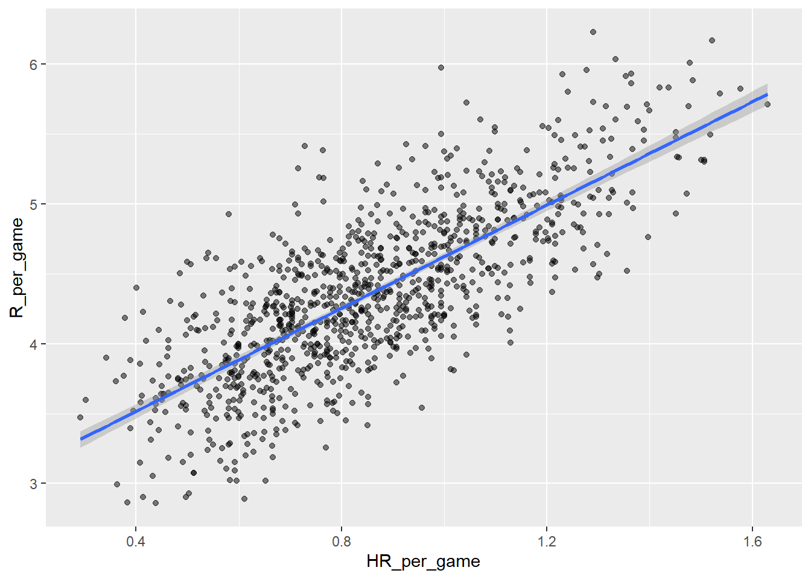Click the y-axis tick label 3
pos(33,484)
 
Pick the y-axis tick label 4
pos(33,344)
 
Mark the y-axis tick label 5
pos(33,204)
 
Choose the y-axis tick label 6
pos(33,65)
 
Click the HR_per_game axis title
pos(423,562)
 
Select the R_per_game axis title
pos(16,268)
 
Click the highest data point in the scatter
pos(593,32)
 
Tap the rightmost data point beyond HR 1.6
pos(767,104)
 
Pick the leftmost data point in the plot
pos(80,417)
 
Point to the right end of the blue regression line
pos(767,95)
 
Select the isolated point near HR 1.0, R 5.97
pos(441,68)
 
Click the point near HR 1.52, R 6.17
pos(712,40)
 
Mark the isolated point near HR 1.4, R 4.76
pos(648,237)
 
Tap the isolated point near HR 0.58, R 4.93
pos(229,214)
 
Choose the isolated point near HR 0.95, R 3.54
pos(422,408)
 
